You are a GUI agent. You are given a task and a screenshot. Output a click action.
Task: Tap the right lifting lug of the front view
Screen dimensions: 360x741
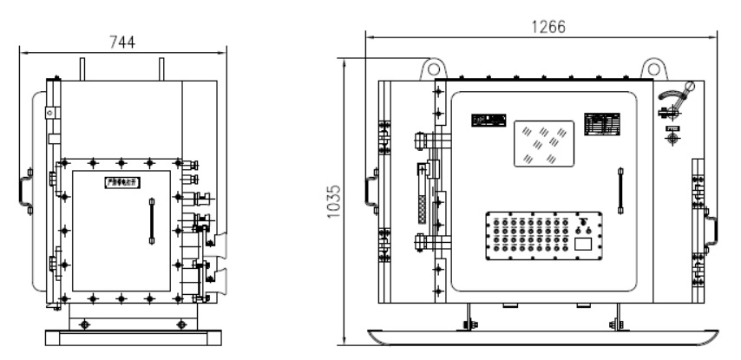652,69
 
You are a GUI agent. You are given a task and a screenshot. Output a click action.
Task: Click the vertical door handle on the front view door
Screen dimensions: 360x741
620,191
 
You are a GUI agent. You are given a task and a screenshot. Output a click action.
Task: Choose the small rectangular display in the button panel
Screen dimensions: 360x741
583,245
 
